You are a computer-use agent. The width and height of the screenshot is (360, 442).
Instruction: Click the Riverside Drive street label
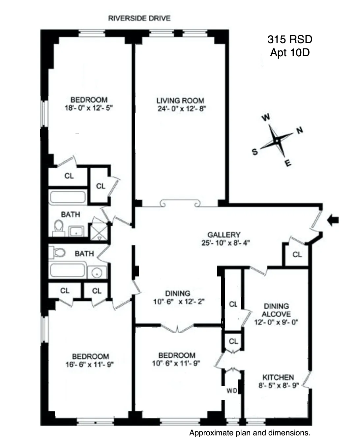[x=139, y=18]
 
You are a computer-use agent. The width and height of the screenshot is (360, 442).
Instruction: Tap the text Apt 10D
[x=290, y=53]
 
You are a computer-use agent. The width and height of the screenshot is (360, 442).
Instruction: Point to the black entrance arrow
[x=333, y=220]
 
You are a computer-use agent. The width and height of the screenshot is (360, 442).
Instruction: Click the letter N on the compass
[x=299, y=131]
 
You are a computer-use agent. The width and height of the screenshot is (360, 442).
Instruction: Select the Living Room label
[x=180, y=100]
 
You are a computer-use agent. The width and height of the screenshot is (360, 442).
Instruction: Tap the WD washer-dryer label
[x=232, y=391]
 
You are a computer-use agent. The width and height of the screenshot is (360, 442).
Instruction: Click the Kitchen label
[x=278, y=377]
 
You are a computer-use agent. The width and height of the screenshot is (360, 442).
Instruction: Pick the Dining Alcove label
[x=276, y=310]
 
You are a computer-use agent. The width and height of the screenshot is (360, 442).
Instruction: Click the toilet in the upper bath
[x=59, y=227]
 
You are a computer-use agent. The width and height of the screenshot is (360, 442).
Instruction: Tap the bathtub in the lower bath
[x=68, y=270]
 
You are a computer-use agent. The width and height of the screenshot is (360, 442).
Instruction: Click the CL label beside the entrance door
[x=297, y=254]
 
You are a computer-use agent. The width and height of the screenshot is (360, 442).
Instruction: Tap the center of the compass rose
[x=277, y=141]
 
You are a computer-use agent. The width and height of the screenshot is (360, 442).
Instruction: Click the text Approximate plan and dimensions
[x=250, y=433]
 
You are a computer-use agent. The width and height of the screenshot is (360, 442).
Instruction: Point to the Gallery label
[x=224, y=235]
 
